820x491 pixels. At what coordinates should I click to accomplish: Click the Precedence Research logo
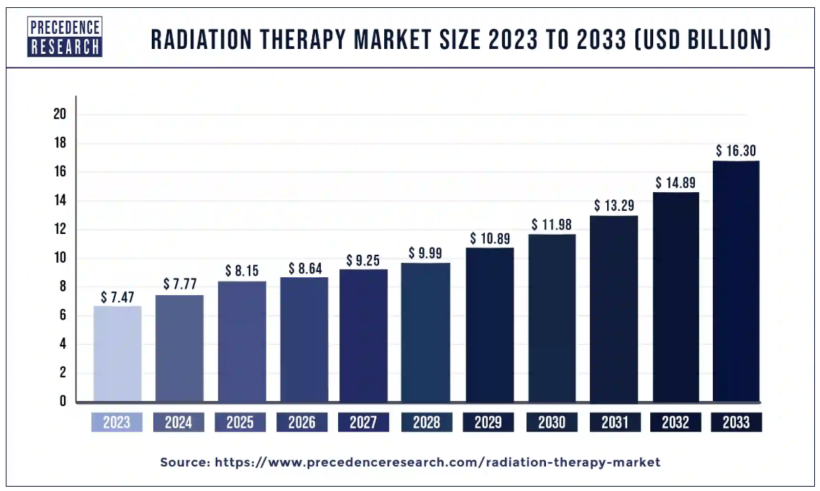65,37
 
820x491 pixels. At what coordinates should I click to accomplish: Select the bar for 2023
117,353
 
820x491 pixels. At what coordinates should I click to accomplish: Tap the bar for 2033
736,281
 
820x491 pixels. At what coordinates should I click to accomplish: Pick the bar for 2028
426,332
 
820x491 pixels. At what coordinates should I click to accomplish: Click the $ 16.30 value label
736,151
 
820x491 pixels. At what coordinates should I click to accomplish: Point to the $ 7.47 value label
117,297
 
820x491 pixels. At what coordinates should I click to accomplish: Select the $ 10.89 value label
490,238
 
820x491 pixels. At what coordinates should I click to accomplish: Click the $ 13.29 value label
614,206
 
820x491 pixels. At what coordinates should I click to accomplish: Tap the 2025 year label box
240,423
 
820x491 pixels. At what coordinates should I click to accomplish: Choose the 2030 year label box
552,423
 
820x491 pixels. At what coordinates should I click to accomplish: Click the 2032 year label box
675,423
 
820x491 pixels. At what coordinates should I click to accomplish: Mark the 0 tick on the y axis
63,401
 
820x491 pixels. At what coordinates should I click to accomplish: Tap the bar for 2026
302,339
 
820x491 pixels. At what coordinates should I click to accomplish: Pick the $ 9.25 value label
363,259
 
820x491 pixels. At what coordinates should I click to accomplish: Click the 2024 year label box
178,423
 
